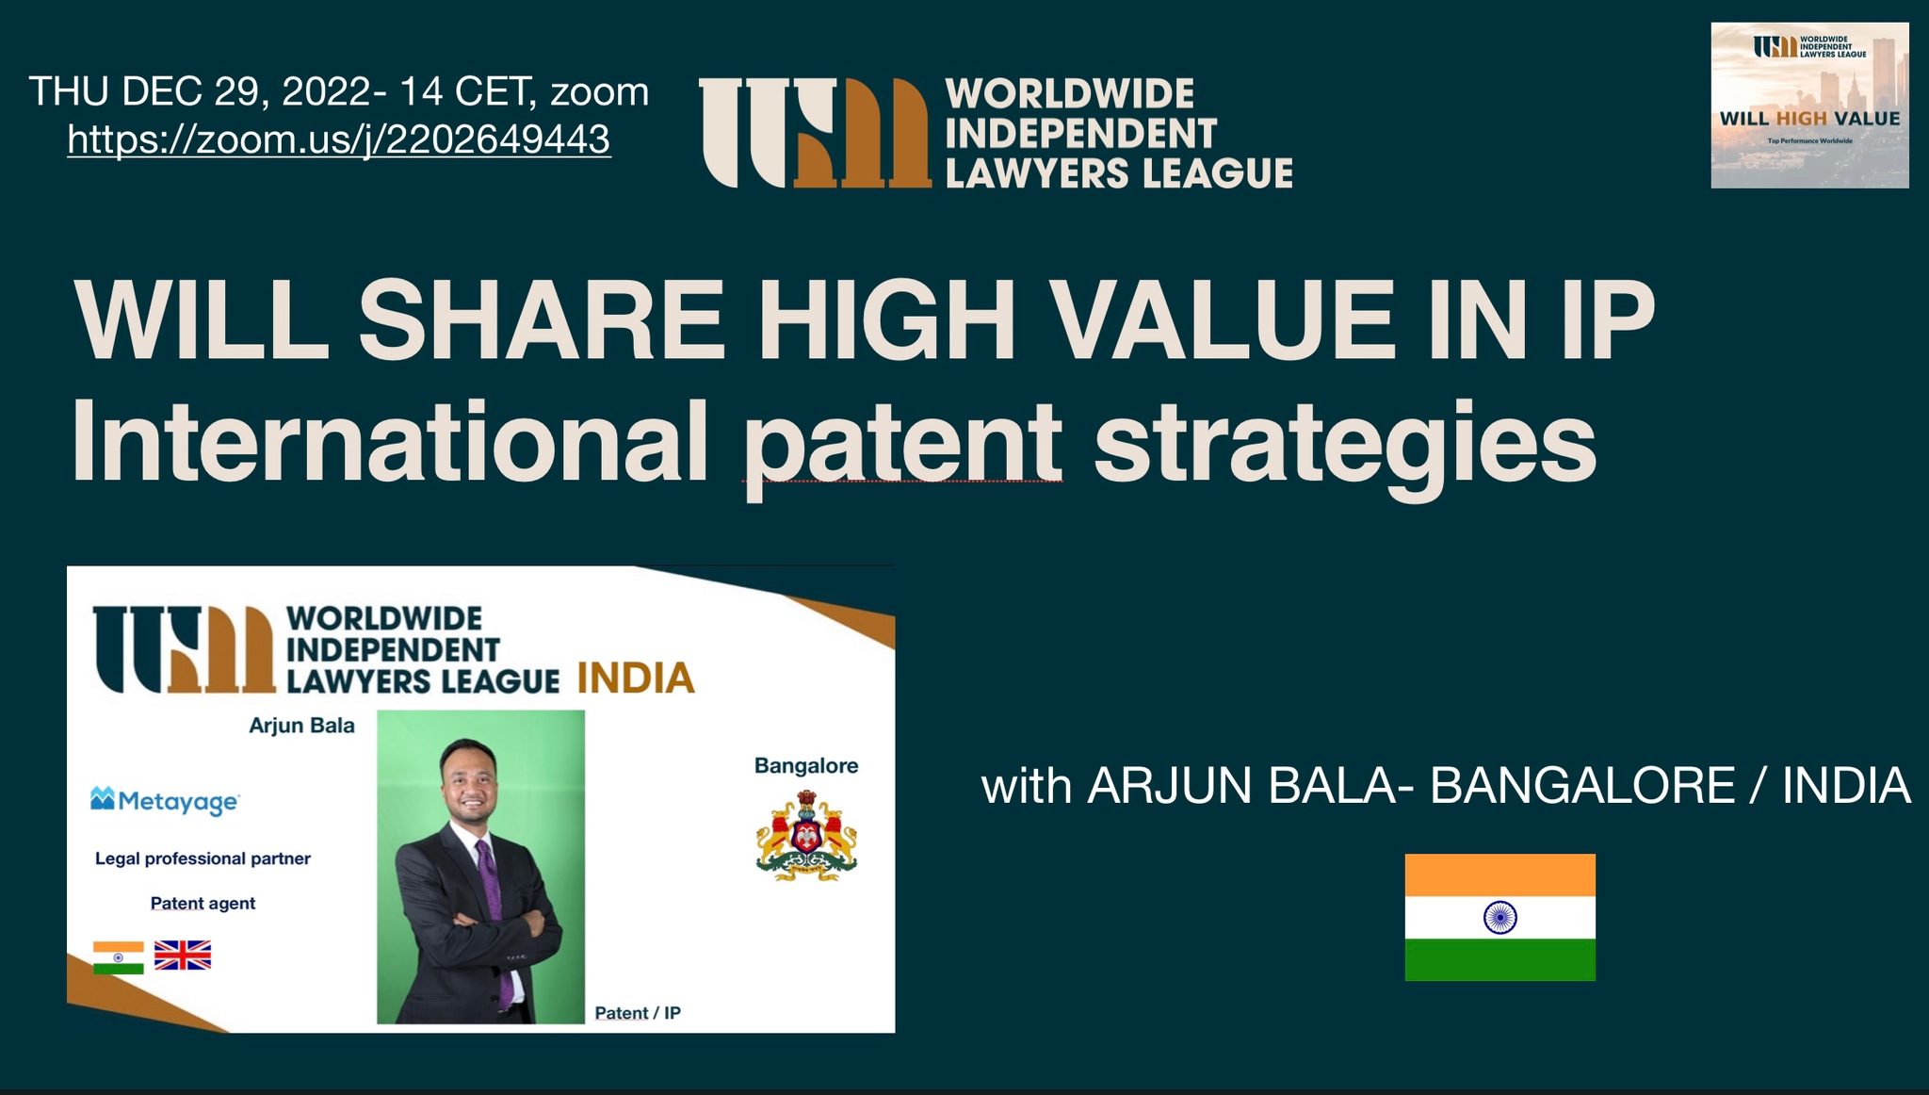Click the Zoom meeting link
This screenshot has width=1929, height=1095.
click(339, 139)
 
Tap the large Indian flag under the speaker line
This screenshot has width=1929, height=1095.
click(1499, 917)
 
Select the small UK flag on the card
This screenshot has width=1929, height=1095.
click(183, 955)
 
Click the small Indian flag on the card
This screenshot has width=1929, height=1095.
click(119, 957)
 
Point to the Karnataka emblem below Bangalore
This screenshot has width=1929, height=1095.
click(806, 836)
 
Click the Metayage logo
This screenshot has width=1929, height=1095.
click(165, 801)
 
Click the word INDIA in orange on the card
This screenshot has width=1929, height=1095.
click(636, 678)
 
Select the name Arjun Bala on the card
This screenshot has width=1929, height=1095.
click(301, 726)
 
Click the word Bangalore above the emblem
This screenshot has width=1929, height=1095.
click(806, 766)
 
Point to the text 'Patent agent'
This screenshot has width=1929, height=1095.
click(203, 903)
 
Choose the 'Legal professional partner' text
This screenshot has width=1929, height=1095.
click(203, 858)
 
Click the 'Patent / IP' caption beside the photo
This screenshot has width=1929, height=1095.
click(638, 1013)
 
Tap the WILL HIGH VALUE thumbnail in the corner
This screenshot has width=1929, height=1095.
click(1809, 106)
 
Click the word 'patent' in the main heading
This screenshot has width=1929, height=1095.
click(902, 443)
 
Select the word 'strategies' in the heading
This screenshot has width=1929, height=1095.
click(1345, 443)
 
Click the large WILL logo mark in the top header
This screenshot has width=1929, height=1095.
click(816, 132)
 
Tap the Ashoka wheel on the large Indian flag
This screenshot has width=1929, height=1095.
click(1499, 917)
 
